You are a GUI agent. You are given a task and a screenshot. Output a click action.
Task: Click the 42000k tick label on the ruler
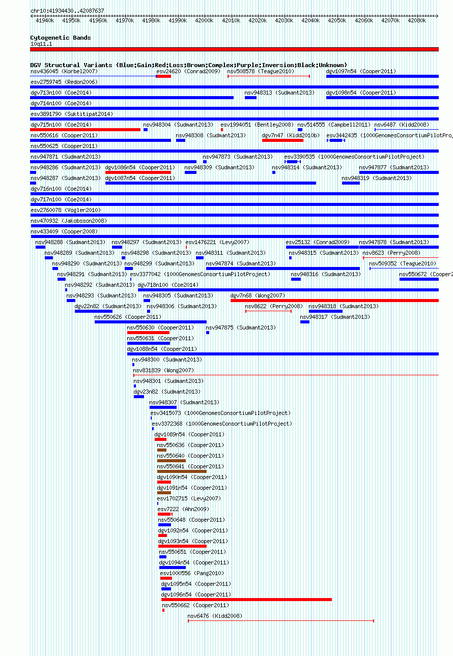click(x=204, y=20)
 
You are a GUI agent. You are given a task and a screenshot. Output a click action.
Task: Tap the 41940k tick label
click(x=45, y=20)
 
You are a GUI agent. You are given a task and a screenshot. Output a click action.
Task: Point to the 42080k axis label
click(x=417, y=20)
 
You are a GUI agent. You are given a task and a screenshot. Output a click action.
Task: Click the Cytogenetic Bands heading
click(x=61, y=38)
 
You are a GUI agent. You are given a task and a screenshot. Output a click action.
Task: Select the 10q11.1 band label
click(x=41, y=44)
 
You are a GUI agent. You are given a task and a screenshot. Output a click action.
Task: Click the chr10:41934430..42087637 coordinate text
click(x=67, y=11)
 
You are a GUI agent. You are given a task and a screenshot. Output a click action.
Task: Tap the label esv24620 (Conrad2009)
click(x=188, y=72)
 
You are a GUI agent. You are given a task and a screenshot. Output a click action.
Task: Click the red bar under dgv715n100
click(x=86, y=130)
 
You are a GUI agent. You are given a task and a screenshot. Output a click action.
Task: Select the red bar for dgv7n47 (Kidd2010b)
click(x=282, y=140)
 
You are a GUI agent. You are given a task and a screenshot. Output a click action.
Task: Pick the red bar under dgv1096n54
click(x=246, y=600)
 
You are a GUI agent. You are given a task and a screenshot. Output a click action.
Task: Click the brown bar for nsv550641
click(x=182, y=471)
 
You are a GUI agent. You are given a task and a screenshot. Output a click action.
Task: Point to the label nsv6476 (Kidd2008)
click(x=215, y=616)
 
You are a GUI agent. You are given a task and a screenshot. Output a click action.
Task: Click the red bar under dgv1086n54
click(x=138, y=172)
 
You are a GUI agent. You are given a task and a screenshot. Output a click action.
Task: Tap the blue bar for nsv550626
click(x=151, y=322)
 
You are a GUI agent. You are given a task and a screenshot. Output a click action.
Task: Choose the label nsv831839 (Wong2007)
click(x=163, y=371)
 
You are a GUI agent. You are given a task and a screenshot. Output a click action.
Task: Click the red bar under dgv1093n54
click(x=182, y=546)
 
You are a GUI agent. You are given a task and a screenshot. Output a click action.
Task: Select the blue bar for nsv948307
click(x=163, y=407)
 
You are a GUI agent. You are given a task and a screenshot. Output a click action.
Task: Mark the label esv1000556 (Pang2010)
click(x=192, y=573)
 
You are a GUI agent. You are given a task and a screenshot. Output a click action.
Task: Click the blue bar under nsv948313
click(x=251, y=98)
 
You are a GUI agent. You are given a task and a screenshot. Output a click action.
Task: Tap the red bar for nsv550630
click(x=148, y=333)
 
